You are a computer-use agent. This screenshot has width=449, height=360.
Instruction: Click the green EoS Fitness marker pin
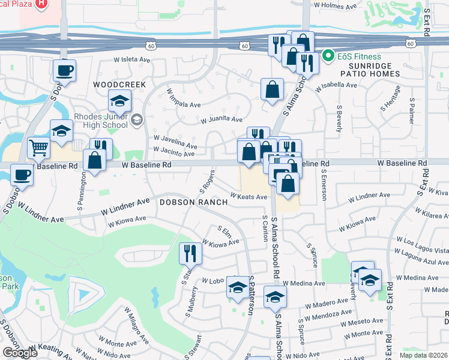click(x=328, y=57)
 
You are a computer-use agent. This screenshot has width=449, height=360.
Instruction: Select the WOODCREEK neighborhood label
click(x=119, y=85)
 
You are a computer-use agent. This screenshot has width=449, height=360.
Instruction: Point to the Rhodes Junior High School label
click(x=101, y=121)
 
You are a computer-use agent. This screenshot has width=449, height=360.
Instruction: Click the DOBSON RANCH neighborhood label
click(x=193, y=202)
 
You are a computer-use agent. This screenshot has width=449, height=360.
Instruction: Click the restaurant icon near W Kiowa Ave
click(x=190, y=253)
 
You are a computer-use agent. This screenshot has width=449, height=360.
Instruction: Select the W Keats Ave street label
click(x=248, y=197)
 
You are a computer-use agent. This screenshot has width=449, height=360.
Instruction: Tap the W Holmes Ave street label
click(x=327, y=5)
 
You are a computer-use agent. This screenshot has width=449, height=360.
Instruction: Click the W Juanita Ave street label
click(x=221, y=119)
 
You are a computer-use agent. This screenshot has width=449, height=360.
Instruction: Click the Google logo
click(x=20, y=353)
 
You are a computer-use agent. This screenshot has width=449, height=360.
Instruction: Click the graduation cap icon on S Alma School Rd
click(x=275, y=297)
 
